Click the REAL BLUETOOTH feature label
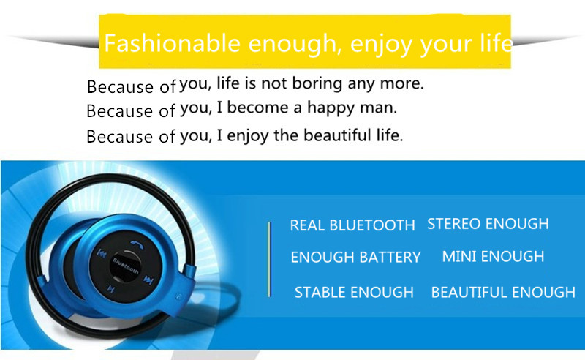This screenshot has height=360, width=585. point(352,225)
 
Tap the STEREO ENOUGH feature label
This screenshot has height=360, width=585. point(488,224)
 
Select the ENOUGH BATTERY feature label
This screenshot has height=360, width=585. point(355,257)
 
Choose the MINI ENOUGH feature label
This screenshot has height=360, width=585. point(493,257)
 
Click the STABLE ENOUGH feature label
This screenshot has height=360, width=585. point(354,292)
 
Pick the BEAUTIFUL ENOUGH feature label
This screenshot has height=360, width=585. point(503,292)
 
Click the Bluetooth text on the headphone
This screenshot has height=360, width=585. point(125,265)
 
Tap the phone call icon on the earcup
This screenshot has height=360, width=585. point(137,244)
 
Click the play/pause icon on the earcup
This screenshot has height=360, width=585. point(111,289)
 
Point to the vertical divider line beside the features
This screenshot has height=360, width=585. point(269,259)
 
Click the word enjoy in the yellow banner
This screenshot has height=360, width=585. point(382,44)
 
